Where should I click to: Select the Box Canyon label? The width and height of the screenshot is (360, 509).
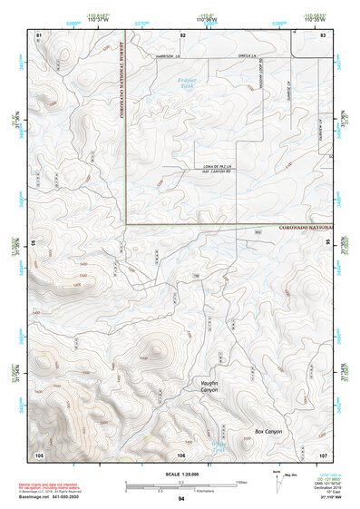click(268, 431)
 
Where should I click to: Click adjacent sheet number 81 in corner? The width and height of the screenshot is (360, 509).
click(38, 34)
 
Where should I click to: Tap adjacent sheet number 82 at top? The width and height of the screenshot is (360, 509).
click(182, 34)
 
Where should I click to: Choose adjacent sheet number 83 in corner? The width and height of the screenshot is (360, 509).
click(323, 34)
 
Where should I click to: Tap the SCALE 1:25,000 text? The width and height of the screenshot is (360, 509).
click(181, 472)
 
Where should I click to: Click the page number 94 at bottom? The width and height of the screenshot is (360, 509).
click(181, 499)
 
